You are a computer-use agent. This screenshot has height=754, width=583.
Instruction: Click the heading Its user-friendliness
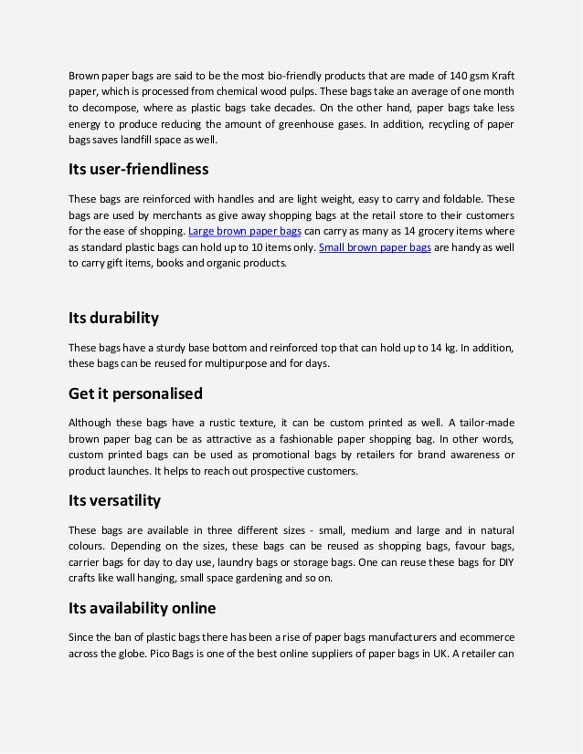(x=139, y=169)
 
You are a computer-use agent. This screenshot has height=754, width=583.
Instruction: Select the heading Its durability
(x=114, y=318)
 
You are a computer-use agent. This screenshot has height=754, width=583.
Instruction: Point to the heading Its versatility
(x=115, y=500)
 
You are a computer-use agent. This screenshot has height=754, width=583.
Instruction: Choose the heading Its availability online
(x=143, y=607)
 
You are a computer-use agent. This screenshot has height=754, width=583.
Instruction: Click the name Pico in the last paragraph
(x=160, y=653)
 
